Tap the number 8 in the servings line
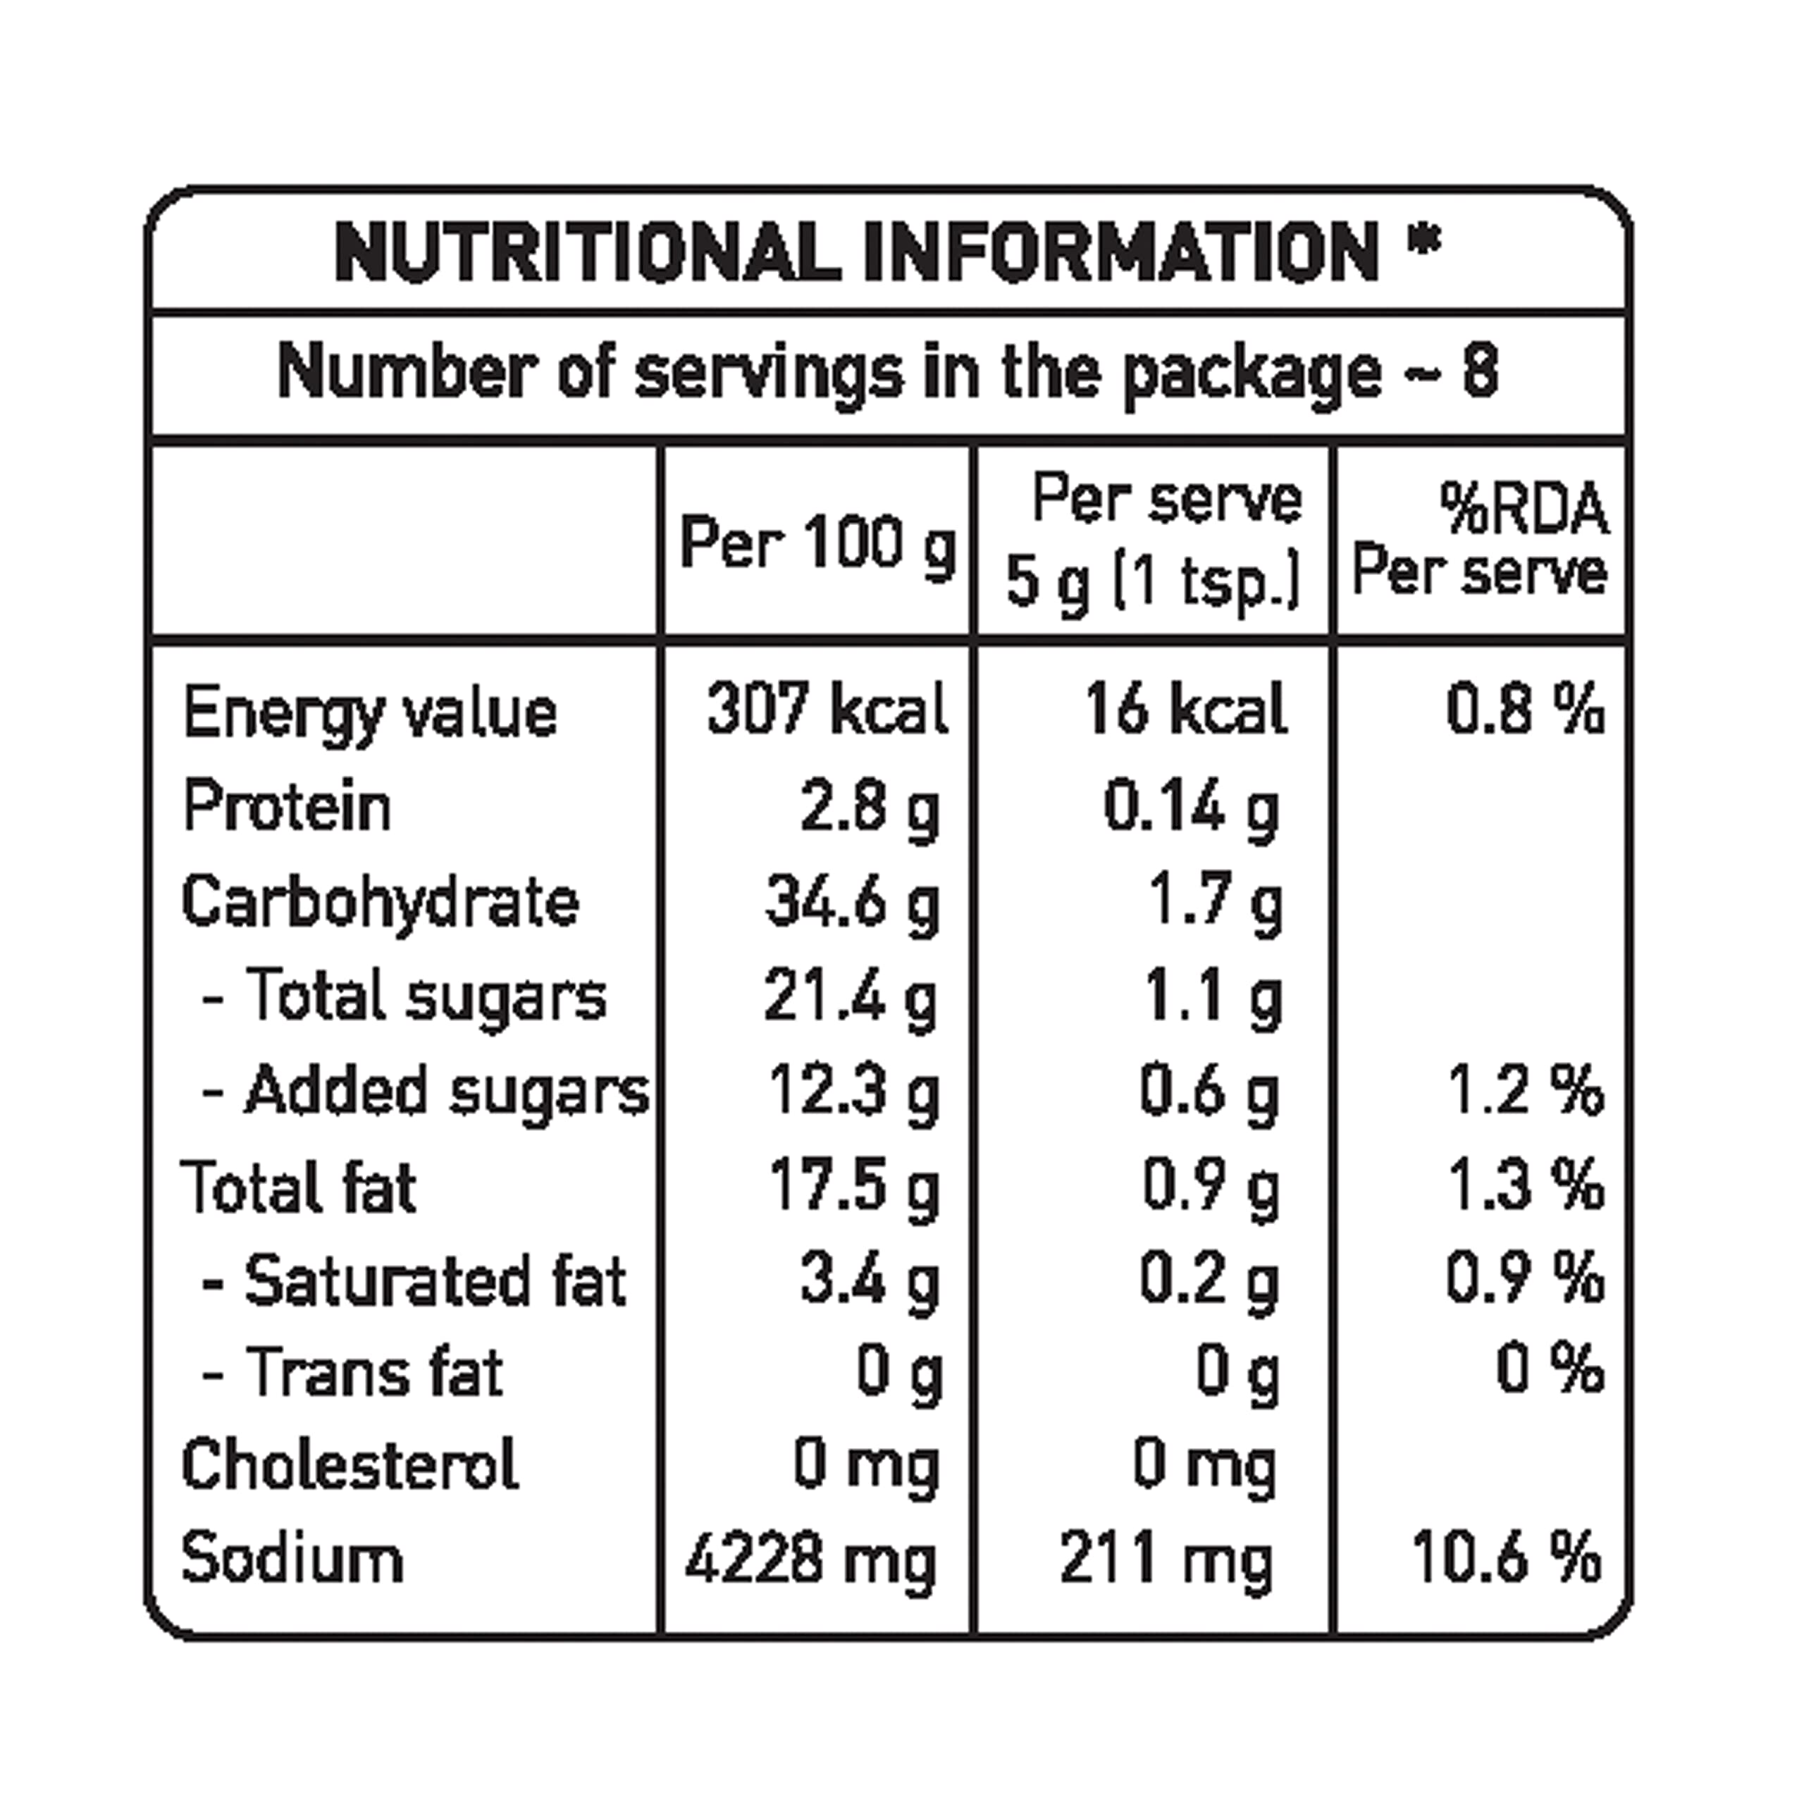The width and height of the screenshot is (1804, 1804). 1480,371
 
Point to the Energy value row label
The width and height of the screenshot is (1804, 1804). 370,713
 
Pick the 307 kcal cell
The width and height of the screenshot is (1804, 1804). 827,709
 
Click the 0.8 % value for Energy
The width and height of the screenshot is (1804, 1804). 1526,709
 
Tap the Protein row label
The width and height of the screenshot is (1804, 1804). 287,807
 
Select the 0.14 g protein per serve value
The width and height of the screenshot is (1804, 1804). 1190,807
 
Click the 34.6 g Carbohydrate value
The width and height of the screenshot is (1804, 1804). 851,903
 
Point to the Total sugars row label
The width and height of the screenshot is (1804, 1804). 425,996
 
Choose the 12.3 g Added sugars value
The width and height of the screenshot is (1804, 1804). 853,1091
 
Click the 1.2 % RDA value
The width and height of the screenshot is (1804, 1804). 1526,1091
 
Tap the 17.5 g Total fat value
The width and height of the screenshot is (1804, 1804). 853,1186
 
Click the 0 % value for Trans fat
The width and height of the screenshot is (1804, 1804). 1550,1370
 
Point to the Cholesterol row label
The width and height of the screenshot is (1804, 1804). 350,1464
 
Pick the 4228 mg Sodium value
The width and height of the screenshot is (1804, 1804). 810,1559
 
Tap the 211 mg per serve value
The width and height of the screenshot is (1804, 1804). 1166,1559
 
